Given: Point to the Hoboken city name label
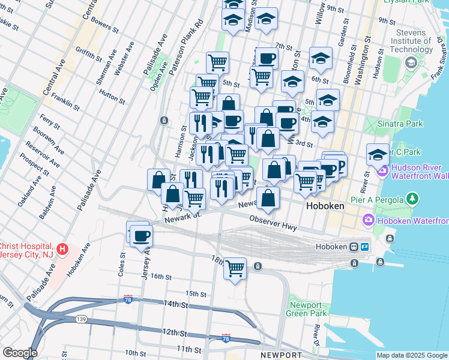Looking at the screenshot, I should click(x=325, y=205).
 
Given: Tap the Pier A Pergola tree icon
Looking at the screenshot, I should click(x=412, y=198).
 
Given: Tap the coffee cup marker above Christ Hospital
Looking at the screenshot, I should click(x=141, y=235).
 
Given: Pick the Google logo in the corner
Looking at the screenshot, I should click(x=20, y=352).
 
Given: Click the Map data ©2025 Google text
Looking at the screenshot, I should click(x=412, y=355).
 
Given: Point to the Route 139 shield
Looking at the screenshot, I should click(x=80, y=319).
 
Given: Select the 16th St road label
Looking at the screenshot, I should click(x=161, y=277).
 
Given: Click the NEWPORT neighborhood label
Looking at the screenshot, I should click(x=282, y=355).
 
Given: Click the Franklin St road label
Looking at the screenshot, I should click(x=65, y=101).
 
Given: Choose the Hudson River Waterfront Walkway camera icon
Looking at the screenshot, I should click(x=382, y=172).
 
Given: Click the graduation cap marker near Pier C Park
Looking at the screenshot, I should click(x=378, y=154).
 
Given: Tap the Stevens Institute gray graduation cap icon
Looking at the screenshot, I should click(x=411, y=62).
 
